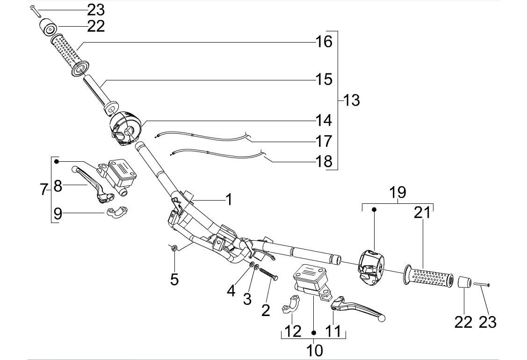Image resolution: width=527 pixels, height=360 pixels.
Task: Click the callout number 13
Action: click(x=352, y=100)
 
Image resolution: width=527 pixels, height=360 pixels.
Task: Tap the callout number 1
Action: click(x=229, y=200)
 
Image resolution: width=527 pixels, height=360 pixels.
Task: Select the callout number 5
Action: click(x=174, y=279)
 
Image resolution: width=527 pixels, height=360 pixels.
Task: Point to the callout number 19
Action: click(x=397, y=193)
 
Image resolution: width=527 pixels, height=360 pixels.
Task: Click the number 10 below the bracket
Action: click(x=315, y=350)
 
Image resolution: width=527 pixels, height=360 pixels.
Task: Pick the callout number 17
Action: click(x=324, y=141)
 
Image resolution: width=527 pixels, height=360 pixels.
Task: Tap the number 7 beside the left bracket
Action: click(x=43, y=189)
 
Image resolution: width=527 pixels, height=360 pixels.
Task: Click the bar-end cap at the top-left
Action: click(x=49, y=27)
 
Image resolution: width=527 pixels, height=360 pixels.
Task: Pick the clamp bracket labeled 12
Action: click(x=290, y=304)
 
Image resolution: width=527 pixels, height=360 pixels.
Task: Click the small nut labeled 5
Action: click(x=174, y=248)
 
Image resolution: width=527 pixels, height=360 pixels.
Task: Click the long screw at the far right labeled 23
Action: click(x=482, y=285)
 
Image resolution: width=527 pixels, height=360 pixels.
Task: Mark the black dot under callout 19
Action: click(x=374, y=210)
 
